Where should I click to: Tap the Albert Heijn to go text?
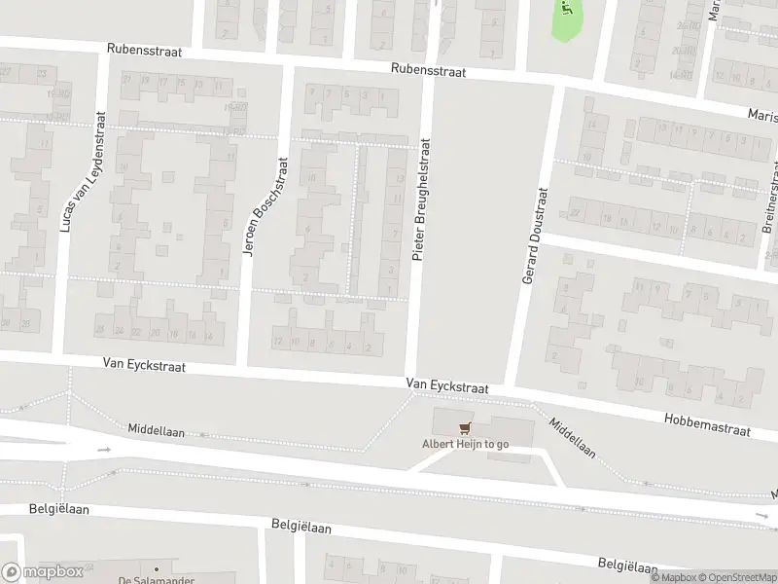pyautogui.click(x=465, y=445)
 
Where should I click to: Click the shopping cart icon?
pyautogui.click(x=465, y=427)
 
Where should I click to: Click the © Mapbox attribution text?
pyautogui.click(x=675, y=577)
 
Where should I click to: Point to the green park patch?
pyautogui.click(x=566, y=19)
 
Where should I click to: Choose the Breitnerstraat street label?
pyautogui.click(x=771, y=214)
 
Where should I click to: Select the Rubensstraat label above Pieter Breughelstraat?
pyautogui.click(x=428, y=70)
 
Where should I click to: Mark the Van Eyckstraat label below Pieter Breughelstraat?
pyautogui.click(x=447, y=386)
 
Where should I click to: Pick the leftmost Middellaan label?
pyautogui.click(x=156, y=429)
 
